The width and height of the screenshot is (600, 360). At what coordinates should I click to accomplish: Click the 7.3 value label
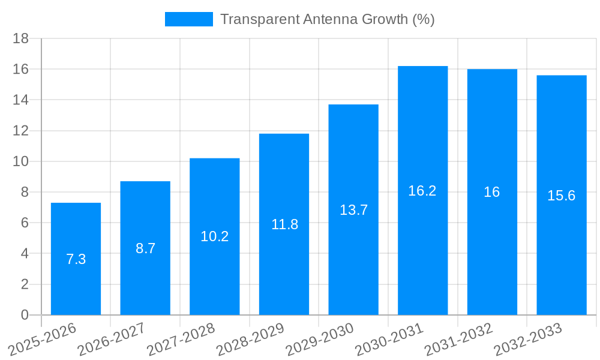[76, 259]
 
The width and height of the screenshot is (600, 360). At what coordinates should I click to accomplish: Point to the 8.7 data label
[145, 248]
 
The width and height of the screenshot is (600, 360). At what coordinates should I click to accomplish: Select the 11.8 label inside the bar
[284, 224]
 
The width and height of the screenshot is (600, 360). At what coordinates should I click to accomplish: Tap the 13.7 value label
[353, 210]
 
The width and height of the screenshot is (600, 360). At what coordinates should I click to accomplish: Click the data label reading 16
[492, 192]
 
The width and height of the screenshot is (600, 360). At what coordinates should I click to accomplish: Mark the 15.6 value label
[562, 196]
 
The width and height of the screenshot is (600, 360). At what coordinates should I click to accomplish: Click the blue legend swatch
[188, 19]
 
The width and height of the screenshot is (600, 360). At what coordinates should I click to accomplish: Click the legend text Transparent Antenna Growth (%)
[327, 19]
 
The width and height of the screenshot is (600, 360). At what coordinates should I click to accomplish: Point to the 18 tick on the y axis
[21, 38]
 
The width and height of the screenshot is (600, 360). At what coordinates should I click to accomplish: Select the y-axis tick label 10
[21, 161]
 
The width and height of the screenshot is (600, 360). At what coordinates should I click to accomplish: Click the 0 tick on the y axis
[25, 315]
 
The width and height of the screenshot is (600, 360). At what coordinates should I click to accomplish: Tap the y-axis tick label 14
[21, 100]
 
